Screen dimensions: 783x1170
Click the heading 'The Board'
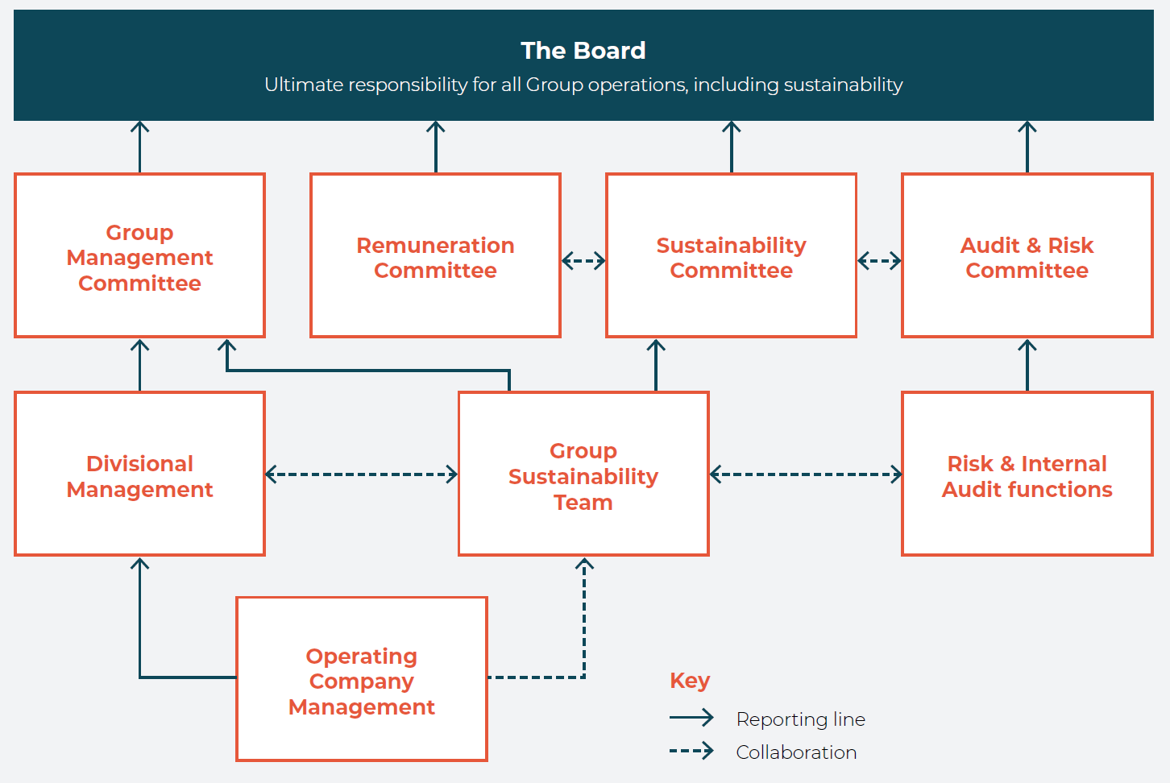(x=583, y=51)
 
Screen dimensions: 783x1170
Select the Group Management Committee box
(x=139, y=257)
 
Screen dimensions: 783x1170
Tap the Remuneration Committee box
(x=435, y=257)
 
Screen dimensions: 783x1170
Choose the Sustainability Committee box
(x=731, y=257)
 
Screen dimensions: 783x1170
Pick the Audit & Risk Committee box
(x=1027, y=257)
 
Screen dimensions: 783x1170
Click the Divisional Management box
(x=139, y=476)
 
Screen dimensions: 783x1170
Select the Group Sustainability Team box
(x=583, y=476)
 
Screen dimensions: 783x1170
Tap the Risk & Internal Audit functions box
(x=1027, y=476)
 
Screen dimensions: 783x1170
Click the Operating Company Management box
(x=361, y=681)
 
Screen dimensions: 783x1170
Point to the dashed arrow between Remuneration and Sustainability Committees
(x=583, y=260)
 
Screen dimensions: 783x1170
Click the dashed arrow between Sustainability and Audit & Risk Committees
(x=879, y=260)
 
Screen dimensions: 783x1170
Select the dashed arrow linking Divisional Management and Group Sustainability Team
(x=361, y=474)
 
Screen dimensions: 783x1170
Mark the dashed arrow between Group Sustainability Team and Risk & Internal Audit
(x=805, y=474)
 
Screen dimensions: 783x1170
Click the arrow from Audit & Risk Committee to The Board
(x=1027, y=147)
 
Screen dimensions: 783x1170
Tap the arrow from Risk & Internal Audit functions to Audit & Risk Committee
(x=1027, y=365)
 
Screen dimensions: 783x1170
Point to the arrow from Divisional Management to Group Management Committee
(x=139, y=365)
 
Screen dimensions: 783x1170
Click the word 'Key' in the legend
(x=690, y=681)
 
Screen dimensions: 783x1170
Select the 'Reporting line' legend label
(x=800, y=719)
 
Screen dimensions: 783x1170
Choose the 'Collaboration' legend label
(x=796, y=752)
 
